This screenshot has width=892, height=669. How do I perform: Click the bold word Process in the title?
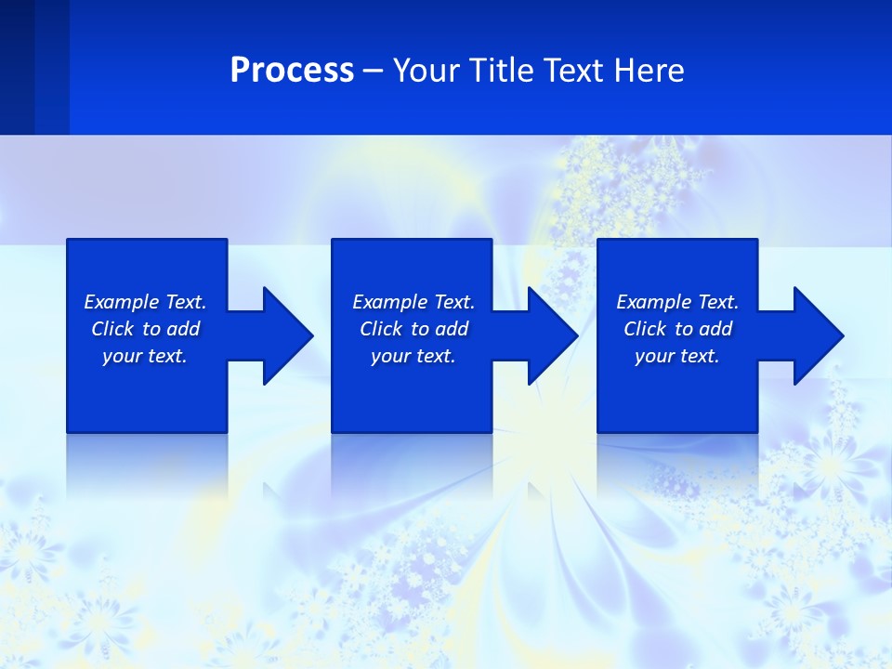tap(292, 71)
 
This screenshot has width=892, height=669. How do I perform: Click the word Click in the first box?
tap(112, 329)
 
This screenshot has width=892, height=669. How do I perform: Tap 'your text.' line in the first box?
tap(145, 356)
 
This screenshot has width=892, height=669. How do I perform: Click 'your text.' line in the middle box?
tap(413, 356)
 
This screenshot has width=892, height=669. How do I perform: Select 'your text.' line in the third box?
tap(676, 356)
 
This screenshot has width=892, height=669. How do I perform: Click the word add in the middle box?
tap(451, 329)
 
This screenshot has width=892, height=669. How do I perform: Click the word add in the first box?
tap(182, 329)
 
